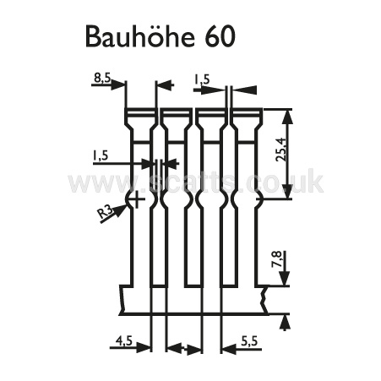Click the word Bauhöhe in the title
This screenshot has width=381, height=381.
(x=140, y=36)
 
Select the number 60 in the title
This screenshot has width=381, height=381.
(x=220, y=37)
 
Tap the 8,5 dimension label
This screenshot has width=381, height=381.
(x=102, y=79)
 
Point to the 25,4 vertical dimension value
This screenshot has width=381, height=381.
(x=281, y=149)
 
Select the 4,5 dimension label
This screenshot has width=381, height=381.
(x=124, y=341)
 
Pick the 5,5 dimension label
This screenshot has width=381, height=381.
(x=249, y=341)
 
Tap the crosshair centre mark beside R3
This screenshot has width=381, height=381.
(x=137, y=199)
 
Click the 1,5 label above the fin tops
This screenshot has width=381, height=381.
(x=202, y=79)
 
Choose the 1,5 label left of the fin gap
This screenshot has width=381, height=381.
(x=101, y=155)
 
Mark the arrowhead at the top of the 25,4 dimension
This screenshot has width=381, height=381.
(x=288, y=116)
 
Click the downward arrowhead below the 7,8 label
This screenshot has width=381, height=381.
(x=286, y=279)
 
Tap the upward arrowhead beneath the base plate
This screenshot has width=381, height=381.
(x=286, y=323)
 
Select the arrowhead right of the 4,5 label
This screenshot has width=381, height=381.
(x=143, y=347)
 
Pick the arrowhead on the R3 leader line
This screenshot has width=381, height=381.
(x=121, y=210)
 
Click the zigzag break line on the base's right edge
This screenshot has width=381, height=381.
(x=264, y=300)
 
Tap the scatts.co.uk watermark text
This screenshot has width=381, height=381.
(x=196, y=182)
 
